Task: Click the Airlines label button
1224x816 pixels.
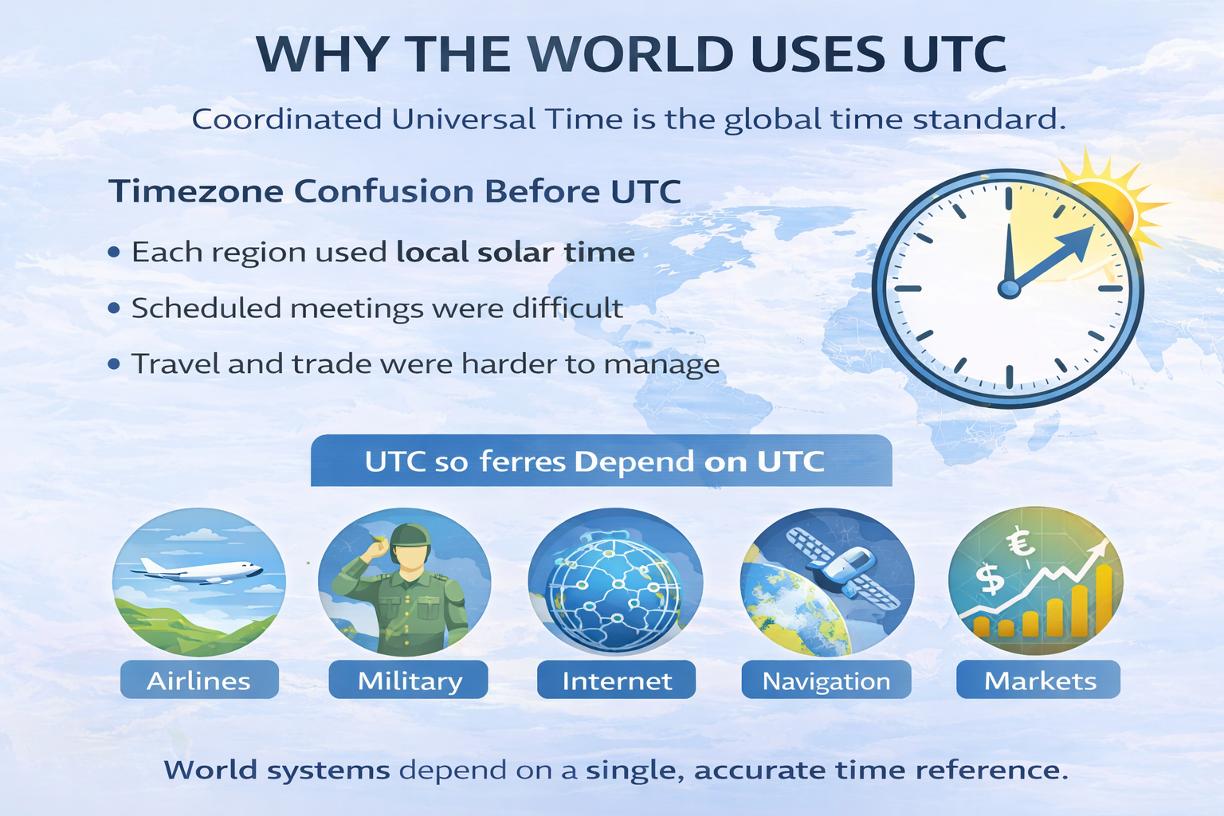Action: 199,681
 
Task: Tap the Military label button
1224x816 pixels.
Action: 409,681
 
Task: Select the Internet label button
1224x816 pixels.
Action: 617,681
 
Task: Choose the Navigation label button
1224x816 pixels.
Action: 826,681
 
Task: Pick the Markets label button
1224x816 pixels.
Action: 1039,681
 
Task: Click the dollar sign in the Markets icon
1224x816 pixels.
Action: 991,578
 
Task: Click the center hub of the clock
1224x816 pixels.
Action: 1009,288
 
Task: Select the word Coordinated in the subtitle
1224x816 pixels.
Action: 287,120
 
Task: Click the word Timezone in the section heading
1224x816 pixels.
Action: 195,191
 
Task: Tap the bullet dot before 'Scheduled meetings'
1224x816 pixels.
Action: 115,308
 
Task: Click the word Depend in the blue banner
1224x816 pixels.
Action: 634,461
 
